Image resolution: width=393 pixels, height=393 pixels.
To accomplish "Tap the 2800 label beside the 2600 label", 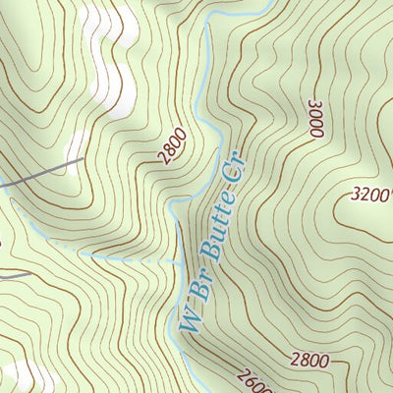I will point(309,361).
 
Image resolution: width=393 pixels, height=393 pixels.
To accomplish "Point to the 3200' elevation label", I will point(369,194).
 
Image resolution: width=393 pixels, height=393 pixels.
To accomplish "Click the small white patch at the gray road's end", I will point(73,147).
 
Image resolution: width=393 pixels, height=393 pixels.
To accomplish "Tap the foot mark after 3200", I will point(389,190).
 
